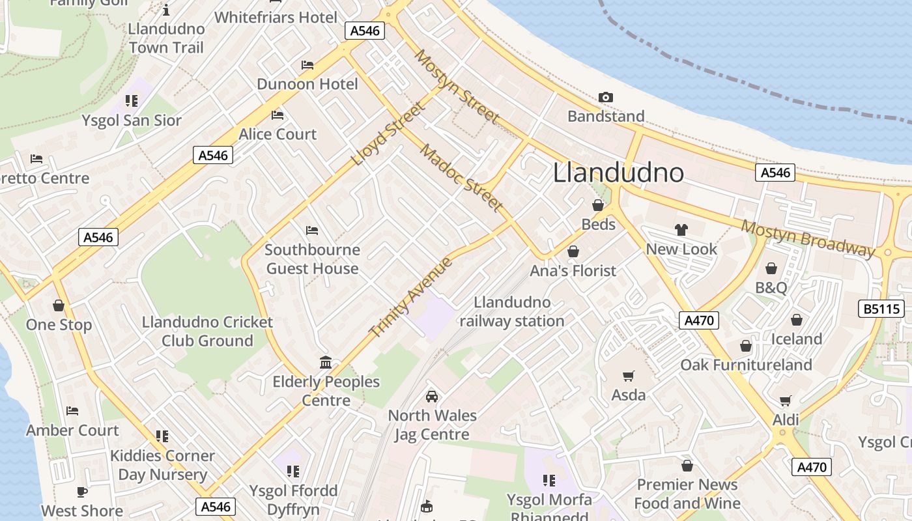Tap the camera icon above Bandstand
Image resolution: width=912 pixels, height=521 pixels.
click(x=605, y=98)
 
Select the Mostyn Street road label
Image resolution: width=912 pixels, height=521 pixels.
click(x=458, y=86)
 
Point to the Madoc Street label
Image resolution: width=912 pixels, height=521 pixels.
click(x=462, y=178)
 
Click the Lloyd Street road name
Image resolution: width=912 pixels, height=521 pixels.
click(x=387, y=134)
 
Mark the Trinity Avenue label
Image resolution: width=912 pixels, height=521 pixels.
click(x=410, y=297)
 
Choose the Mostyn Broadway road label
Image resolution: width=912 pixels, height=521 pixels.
click(x=808, y=239)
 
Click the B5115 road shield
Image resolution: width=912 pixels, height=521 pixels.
click(x=882, y=309)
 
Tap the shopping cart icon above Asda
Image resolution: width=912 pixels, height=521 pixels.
click(x=628, y=376)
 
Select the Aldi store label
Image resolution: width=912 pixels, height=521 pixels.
click(x=785, y=420)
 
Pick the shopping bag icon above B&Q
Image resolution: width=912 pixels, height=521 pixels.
click(x=771, y=268)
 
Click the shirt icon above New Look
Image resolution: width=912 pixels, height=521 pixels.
click(x=681, y=229)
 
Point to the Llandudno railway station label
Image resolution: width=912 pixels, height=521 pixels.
click(x=512, y=312)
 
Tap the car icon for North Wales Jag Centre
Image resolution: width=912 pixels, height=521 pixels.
click(x=431, y=396)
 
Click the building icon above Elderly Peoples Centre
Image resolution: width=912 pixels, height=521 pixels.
click(x=326, y=362)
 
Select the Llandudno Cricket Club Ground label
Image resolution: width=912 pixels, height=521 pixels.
click(x=207, y=331)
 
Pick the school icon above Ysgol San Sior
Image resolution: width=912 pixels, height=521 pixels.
click(x=132, y=101)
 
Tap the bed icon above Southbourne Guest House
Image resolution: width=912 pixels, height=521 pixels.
click(x=311, y=231)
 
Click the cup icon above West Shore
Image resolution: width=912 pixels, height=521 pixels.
click(x=82, y=492)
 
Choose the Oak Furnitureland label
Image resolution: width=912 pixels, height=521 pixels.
click(x=746, y=365)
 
